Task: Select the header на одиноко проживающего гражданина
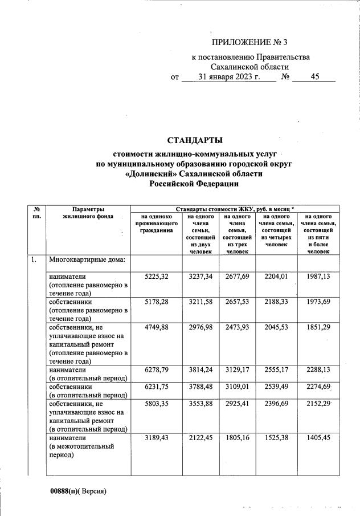pyautogui.click(x=156, y=224)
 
